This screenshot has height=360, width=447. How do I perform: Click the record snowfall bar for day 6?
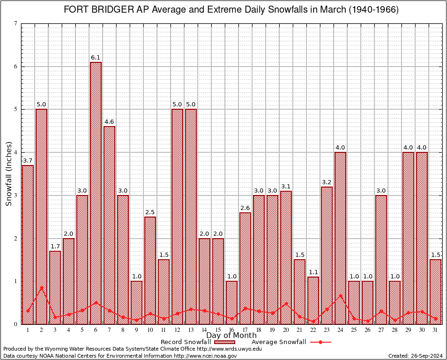(x=96, y=192)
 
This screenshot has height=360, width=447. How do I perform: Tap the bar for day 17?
(x=245, y=268)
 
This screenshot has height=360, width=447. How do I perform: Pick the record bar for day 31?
(x=435, y=291)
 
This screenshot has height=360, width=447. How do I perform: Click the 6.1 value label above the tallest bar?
(x=96, y=58)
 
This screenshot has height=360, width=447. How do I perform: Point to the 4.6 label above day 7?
(x=109, y=122)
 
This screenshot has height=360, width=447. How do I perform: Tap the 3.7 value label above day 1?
(x=28, y=161)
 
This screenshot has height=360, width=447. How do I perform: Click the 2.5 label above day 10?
(x=150, y=212)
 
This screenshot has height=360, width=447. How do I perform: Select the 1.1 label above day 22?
(x=313, y=272)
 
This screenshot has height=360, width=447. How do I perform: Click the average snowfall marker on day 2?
(x=42, y=288)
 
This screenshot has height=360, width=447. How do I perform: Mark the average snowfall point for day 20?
(x=286, y=303)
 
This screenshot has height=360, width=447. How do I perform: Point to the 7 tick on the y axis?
(x=16, y=23)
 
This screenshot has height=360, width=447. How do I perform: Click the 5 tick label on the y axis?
(x=16, y=109)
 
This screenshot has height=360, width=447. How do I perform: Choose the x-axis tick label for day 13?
(x=191, y=330)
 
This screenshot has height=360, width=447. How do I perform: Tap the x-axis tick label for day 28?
(x=395, y=330)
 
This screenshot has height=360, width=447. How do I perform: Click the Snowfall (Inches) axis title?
(x=8, y=174)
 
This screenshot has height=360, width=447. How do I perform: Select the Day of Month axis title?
(x=231, y=335)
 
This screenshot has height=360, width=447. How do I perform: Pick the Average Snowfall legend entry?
(x=279, y=342)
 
